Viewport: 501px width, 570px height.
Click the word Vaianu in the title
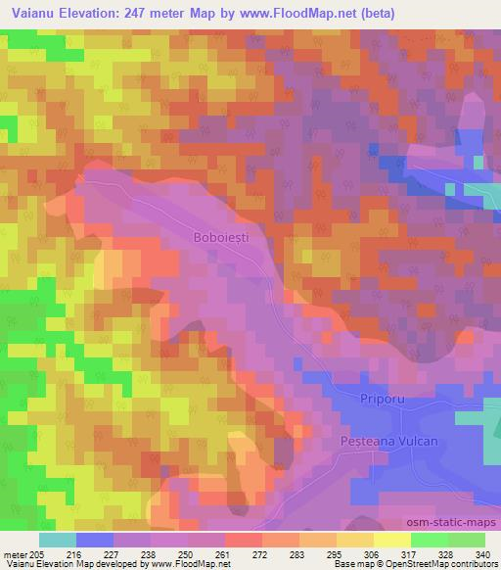click(x=30, y=13)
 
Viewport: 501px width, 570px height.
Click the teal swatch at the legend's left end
click(x=58, y=540)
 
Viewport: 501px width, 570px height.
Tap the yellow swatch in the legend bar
click(x=391, y=540)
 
